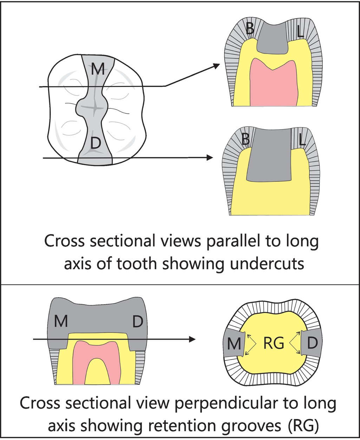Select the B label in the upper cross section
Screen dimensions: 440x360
tap(250, 29)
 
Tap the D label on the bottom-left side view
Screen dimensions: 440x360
tap(137, 321)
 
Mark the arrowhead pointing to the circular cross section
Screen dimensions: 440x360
tap(192, 339)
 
